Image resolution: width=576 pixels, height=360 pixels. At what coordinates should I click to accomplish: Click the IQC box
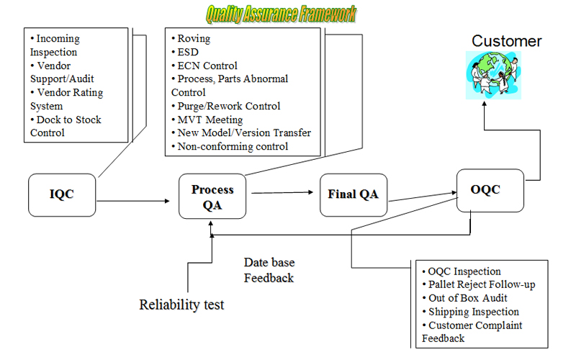pyautogui.click(x=62, y=195)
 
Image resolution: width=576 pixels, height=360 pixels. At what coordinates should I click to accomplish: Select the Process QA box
pyautogui.click(x=212, y=197)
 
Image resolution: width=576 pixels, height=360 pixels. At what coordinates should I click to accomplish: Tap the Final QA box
pyautogui.click(x=354, y=195)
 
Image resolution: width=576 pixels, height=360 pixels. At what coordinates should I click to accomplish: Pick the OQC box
pyautogui.click(x=490, y=190)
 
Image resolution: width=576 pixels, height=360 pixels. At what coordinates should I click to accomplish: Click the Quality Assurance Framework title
pyautogui.click(x=281, y=14)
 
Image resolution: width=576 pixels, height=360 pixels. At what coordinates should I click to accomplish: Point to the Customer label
pyautogui.click(x=507, y=41)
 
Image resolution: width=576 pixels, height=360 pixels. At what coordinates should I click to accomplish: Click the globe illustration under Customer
pyautogui.click(x=493, y=76)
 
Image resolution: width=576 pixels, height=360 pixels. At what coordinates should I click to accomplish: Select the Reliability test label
pyautogui.click(x=181, y=305)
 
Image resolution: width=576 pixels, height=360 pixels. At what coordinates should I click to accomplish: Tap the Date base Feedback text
pyautogui.click(x=269, y=270)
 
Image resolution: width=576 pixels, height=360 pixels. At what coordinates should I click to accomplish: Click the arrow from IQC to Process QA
pyautogui.click(x=133, y=201)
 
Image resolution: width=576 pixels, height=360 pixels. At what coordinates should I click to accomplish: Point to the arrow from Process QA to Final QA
pyautogui.click(x=282, y=192)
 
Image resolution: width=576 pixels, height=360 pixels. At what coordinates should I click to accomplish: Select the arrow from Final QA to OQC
pyautogui.click(x=423, y=197)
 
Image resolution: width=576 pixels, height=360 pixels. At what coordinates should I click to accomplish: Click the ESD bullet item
pyautogui.click(x=185, y=52)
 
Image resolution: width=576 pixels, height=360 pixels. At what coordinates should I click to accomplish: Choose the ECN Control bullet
pyautogui.click(x=204, y=66)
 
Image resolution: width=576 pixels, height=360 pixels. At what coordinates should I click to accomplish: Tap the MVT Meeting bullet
pyautogui.click(x=207, y=120)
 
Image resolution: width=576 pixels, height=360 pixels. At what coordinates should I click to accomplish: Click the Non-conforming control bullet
pyautogui.click(x=230, y=147)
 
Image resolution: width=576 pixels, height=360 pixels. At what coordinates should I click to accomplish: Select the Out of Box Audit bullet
pyautogui.click(x=464, y=298)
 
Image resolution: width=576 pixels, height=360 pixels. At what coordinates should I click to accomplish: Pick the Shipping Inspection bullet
pyautogui.click(x=471, y=312)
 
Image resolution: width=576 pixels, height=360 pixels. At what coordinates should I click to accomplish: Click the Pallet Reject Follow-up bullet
pyautogui.click(x=479, y=284)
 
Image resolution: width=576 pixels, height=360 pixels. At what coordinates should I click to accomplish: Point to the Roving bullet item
pyautogui.click(x=191, y=39)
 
